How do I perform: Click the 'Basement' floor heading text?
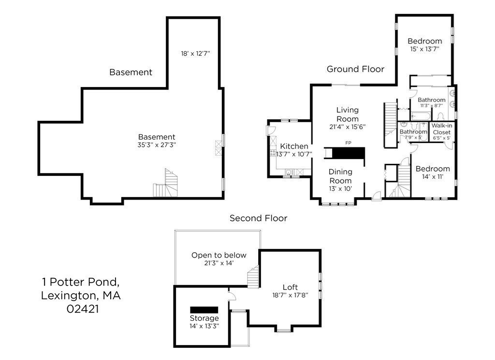pyautogui.click(x=131, y=72)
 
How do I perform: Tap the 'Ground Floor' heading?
pyautogui.click(x=355, y=69)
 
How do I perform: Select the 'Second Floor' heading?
pyautogui.click(x=258, y=218)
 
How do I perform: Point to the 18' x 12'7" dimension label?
pyautogui.click(x=195, y=54)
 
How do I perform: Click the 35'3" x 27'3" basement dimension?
pyautogui.click(x=157, y=144)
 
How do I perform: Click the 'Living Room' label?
pyautogui.click(x=347, y=115)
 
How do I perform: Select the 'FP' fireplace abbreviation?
pyautogui.click(x=348, y=143)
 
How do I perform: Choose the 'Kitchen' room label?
pyautogui.click(x=294, y=146)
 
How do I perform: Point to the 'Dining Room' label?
pyautogui.click(x=340, y=176)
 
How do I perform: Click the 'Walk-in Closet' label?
pyautogui.click(x=441, y=129)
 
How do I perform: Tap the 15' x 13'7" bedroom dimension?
pyautogui.click(x=424, y=49)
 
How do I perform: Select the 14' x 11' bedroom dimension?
pyautogui.click(x=433, y=177)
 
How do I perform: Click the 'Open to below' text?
pyautogui.click(x=218, y=255)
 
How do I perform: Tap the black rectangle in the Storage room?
pyautogui.click(x=204, y=309)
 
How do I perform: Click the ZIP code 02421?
pyautogui.click(x=82, y=309)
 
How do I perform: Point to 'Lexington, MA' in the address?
pyautogui.click(x=81, y=295)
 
